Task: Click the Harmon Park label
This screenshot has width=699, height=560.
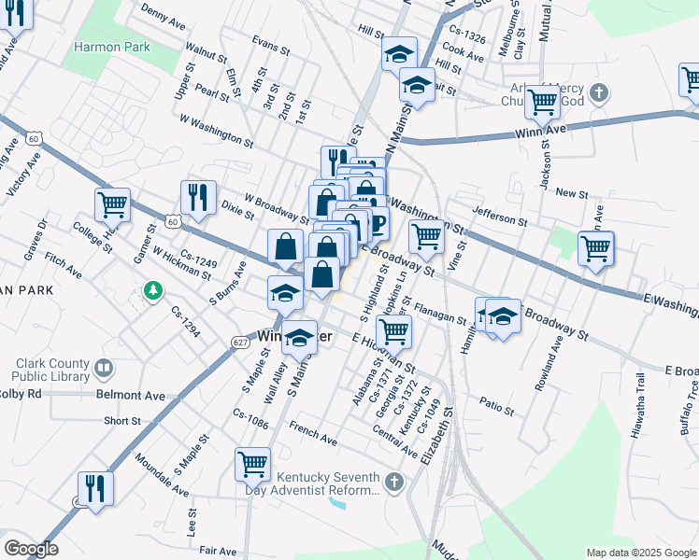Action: [112, 45]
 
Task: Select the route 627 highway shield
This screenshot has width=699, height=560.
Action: [239, 343]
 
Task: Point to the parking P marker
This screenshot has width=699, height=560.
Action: [378, 223]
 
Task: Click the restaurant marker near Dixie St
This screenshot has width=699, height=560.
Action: [198, 198]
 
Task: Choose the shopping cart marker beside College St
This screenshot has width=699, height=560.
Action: [112, 204]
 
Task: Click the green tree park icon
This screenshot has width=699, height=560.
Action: [152, 292]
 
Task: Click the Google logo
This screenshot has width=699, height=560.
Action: [31, 549]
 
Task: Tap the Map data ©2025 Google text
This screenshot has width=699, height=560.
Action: [640, 553]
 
